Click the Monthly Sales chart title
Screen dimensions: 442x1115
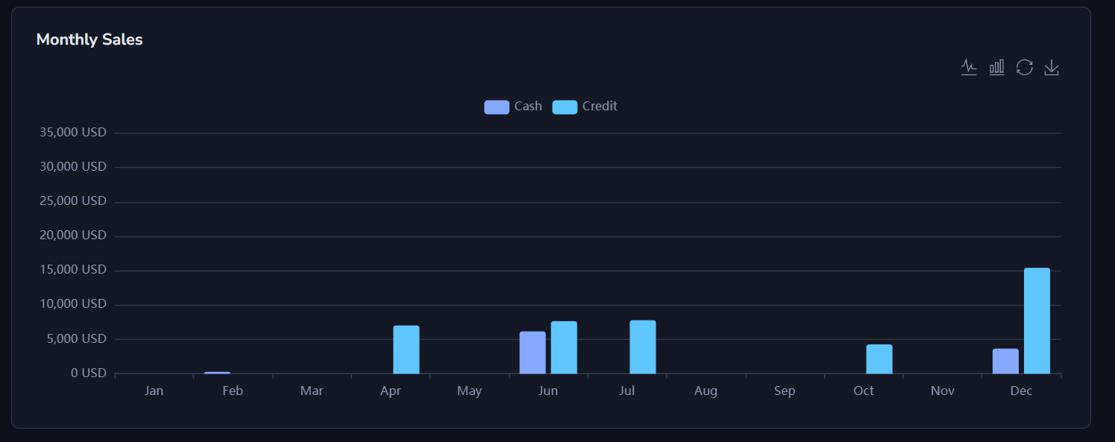(89, 40)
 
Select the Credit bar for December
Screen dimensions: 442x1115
(1037, 321)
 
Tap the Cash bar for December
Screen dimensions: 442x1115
(1005, 361)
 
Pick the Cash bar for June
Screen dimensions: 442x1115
(533, 353)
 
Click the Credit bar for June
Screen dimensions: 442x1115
(564, 347)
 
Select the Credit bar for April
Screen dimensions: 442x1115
(406, 350)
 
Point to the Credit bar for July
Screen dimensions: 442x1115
(643, 347)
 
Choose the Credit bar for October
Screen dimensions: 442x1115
(879, 359)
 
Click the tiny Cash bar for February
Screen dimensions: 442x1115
(217, 372)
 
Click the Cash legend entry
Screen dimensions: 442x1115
(513, 107)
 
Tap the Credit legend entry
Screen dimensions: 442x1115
(585, 107)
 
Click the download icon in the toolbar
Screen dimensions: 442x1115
(1052, 68)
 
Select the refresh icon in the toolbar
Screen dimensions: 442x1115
(1025, 68)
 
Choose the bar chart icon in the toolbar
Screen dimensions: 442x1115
(996, 68)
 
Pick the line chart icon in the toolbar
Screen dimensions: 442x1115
(969, 68)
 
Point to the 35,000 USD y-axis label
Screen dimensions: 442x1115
(73, 133)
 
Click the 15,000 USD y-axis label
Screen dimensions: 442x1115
(73, 270)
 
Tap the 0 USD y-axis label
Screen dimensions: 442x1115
(89, 373)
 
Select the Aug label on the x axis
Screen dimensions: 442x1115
(706, 391)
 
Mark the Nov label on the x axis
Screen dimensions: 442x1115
(943, 391)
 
